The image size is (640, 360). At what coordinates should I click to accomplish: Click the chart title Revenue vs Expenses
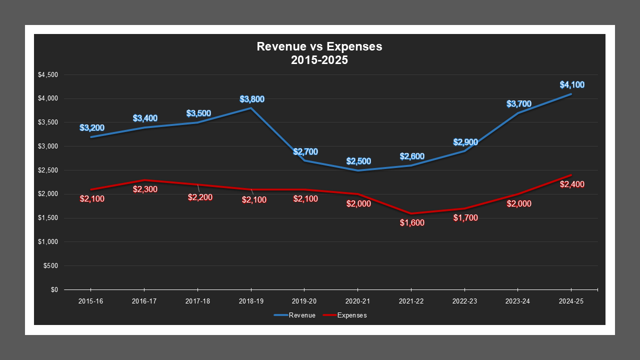(x=319, y=46)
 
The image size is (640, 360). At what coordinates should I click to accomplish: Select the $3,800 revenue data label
(x=252, y=99)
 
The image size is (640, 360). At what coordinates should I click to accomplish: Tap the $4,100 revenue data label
(x=572, y=85)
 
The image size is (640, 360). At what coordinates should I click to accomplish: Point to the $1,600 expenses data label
(x=412, y=223)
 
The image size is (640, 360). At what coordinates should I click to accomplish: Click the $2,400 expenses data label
(x=572, y=184)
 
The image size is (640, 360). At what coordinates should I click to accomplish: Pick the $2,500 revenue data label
(x=358, y=161)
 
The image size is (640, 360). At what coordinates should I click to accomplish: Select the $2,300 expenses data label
(x=145, y=189)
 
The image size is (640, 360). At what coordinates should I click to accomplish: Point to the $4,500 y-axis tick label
(x=48, y=75)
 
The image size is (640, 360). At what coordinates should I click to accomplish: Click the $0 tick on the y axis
(x=54, y=289)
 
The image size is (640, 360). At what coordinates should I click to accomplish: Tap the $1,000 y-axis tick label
(x=48, y=242)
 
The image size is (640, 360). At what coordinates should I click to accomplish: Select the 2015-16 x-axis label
(x=90, y=301)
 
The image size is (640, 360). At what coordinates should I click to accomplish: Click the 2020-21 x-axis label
(x=357, y=301)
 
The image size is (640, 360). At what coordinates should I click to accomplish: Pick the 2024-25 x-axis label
(x=571, y=301)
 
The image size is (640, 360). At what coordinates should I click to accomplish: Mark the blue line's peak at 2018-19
(x=251, y=108)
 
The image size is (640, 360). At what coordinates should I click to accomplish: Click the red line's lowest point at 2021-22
(x=411, y=213)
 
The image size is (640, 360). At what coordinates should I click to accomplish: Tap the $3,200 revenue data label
(x=91, y=128)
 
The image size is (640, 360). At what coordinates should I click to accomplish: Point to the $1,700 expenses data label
(x=465, y=218)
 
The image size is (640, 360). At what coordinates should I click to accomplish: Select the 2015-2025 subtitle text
(x=319, y=60)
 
